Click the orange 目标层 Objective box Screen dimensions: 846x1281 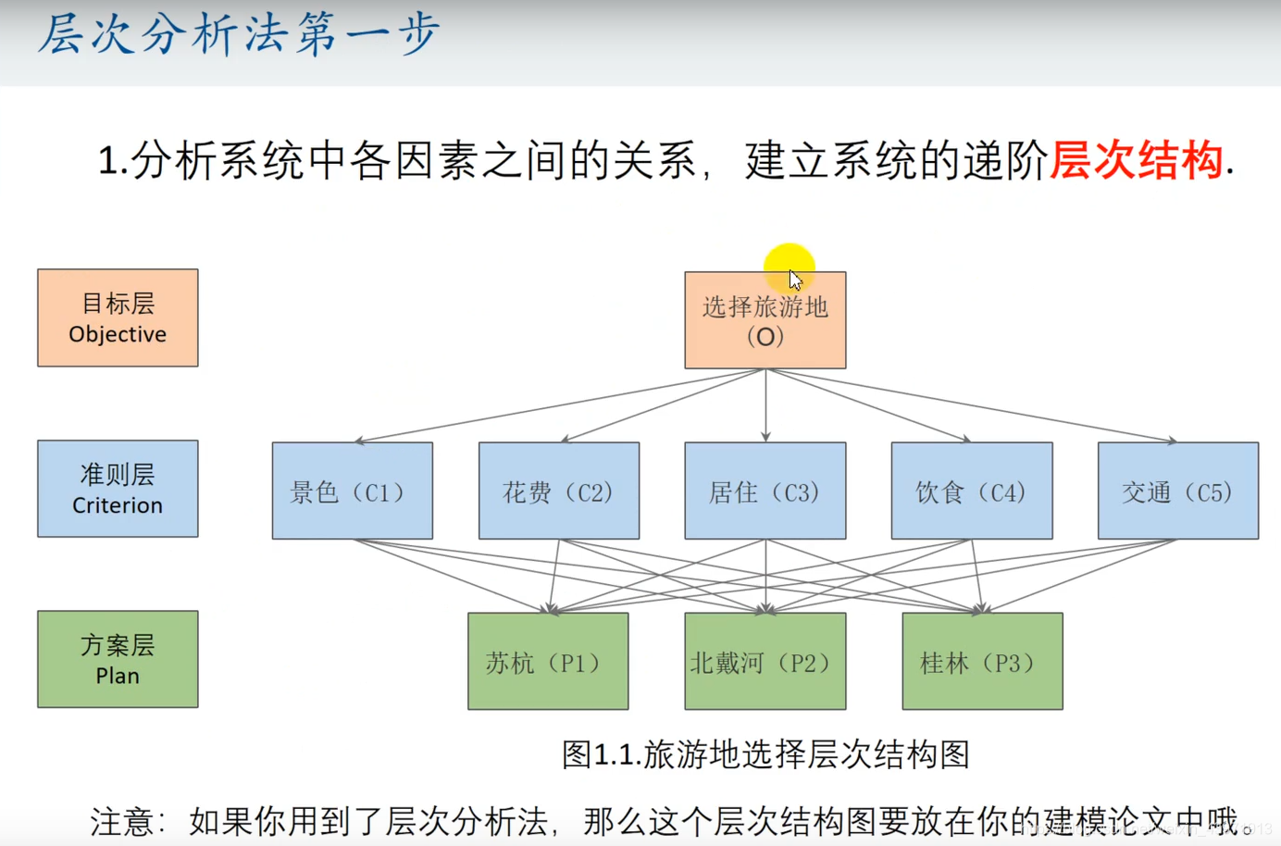point(118,317)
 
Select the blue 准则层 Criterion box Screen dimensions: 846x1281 point(118,489)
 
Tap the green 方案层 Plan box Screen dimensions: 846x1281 point(118,659)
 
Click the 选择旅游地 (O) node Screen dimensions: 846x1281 point(765,320)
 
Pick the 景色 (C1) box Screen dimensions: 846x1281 point(352,491)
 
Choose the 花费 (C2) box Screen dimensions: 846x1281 point(558,491)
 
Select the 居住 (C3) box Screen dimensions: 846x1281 point(765,491)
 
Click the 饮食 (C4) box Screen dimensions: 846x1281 point(971,491)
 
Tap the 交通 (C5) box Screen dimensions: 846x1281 point(1177,491)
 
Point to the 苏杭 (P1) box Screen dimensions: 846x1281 point(548,661)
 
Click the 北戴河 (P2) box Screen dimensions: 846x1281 point(765,661)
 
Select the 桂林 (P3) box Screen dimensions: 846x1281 point(982,661)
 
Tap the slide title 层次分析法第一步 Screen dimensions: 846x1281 point(238,35)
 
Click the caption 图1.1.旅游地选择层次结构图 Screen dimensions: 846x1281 point(765,754)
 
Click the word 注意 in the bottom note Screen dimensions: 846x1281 point(121,821)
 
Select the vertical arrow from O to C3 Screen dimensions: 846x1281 point(765,407)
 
